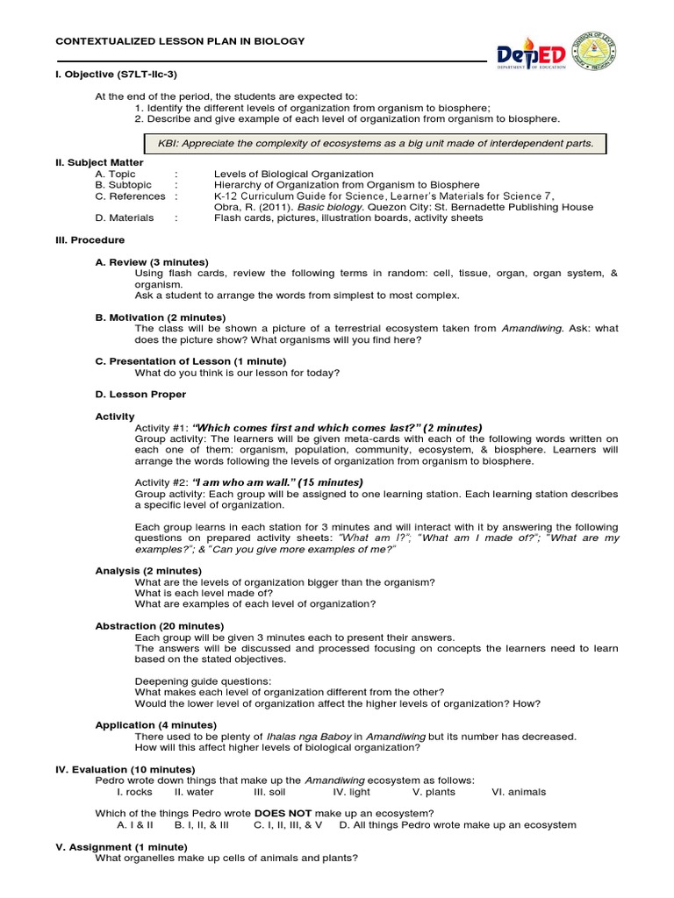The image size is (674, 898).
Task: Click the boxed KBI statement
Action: tap(375, 143)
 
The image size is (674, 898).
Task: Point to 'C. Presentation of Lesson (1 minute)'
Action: tap(190, 361)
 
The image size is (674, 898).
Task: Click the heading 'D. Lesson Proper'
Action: tap(140, 395)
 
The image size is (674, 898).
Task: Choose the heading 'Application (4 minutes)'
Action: tap(155, 725)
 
